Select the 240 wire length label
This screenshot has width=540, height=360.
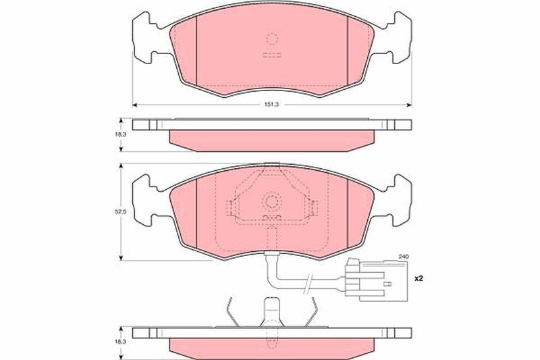[x=403, y=257]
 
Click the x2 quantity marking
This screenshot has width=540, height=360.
[x=418, y=278]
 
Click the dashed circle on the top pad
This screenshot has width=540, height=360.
[x=272, y=38]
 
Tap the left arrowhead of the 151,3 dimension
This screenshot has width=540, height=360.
[x=135, y=105]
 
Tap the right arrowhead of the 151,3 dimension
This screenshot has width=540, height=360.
[x=409, y=105]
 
